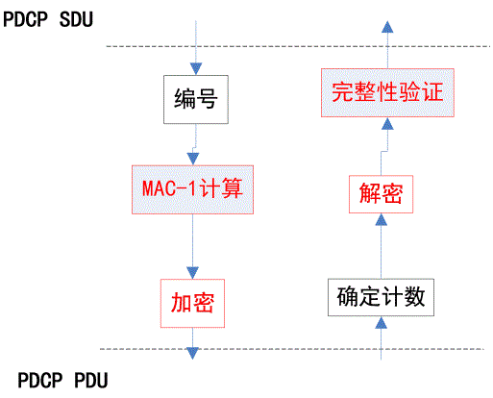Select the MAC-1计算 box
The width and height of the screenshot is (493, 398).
coord(195,188)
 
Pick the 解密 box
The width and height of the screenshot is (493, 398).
coord(381,195)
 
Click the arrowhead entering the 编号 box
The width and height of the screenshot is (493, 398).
coord(196,69)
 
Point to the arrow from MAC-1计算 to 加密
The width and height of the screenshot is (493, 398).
coord(194,245)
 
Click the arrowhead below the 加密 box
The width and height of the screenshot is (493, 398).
coord(193,351)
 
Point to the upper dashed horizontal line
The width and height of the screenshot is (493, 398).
coord(288,45)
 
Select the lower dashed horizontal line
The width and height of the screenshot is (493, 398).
coord(288,349)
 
